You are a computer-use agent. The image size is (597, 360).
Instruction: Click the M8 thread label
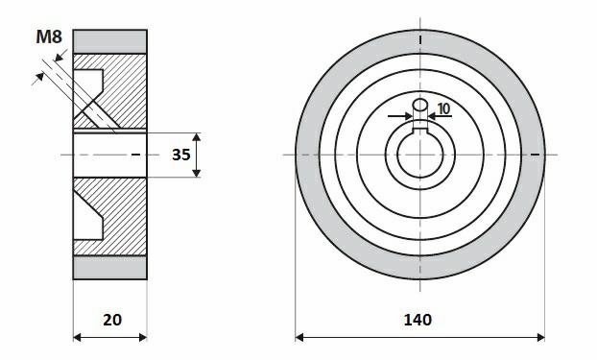pyautogui.click(x=49, y=37)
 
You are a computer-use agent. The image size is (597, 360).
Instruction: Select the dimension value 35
pyautogui.click(x=181, y=155)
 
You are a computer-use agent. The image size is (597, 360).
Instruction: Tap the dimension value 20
pyautogui.click(x=112, y=320)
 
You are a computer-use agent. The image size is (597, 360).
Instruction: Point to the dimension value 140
pyautogui.click(x=418, y=320)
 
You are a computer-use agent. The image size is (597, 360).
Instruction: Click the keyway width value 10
pyautogui.click(x=443, y=108)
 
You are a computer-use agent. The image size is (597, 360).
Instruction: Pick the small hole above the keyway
pyautogui.click(x=420, y=104)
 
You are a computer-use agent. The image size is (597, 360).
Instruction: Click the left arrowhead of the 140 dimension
pyautogui.click(x=299, y=337)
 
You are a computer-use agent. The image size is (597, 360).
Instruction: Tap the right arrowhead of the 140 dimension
pyautogui.click(x=540, y=337)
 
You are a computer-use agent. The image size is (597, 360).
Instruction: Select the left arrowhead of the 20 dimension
pyautogui.click(x=78, y=337)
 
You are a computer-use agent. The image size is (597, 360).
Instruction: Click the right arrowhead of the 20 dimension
pyautogui.click(x=143, y=337)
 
